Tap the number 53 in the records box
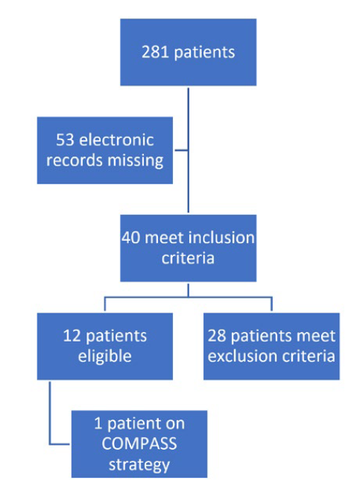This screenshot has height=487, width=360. point(66,139)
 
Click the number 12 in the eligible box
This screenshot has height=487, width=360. point(71,336)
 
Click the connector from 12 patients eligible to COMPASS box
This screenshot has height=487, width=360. point(50,418)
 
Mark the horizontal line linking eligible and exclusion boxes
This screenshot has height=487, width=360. point(188,298)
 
